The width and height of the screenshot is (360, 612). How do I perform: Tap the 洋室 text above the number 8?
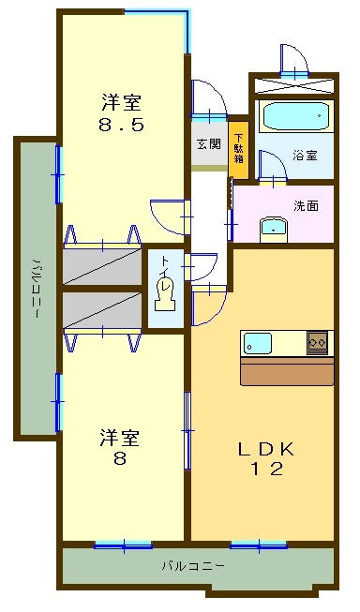pyautogui.click(x=121, y=438)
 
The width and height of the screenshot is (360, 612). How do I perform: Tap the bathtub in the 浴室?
pyautogui.click(x=295, y=117)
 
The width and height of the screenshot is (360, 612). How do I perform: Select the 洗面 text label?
pyautogui.click(x=306, y=205)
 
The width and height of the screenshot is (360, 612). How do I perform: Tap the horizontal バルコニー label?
pyautogui.click(x=192, y=567)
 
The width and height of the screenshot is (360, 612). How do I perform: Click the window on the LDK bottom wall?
pyautogui.click(x=259, y=544)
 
